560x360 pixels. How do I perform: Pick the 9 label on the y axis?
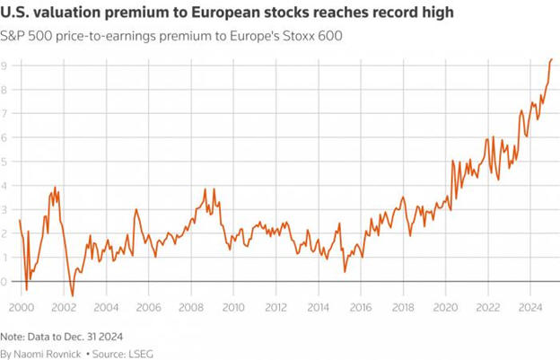point(4,66)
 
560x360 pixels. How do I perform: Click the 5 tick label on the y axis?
point(4,162)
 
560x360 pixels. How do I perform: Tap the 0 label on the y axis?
point(4,282)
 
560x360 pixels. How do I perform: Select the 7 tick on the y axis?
point(4,113)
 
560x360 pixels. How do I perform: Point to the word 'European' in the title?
point(206,13)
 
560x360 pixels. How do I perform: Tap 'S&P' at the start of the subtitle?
point(13,35)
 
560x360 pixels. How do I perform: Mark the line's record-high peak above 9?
point(551,59)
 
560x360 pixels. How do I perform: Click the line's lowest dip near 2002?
point(73,295)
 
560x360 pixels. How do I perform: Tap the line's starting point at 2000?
point(19,220)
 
